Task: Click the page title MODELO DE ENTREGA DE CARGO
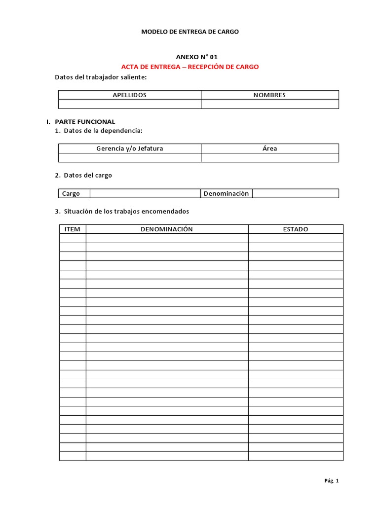click(x=189, y=32)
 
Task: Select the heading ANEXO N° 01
click(x=196, y=57)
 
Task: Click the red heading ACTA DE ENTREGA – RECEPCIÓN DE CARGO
click(x=189, y=67)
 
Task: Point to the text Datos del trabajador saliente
click(x=100, y=77)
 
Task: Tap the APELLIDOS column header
click(x=129, y=95)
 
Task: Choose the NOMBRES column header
click(x=269, y=95)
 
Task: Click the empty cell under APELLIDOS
click(x=129, y=104)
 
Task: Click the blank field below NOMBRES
click(x=269, y=104)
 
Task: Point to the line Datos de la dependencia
click(x=102, y=130)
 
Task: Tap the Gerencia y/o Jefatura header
click(x=129, y=148)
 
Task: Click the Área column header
click(x=269, y=148)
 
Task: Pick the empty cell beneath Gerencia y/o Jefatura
click(x=129, y=157)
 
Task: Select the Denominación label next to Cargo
click(x=227, y=194)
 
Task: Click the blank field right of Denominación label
click(x=295, y=194)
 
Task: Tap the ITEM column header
click(x=73, y=229)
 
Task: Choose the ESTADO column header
click(x=295, y=229)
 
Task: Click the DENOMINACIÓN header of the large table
click(x=167, y=229)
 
